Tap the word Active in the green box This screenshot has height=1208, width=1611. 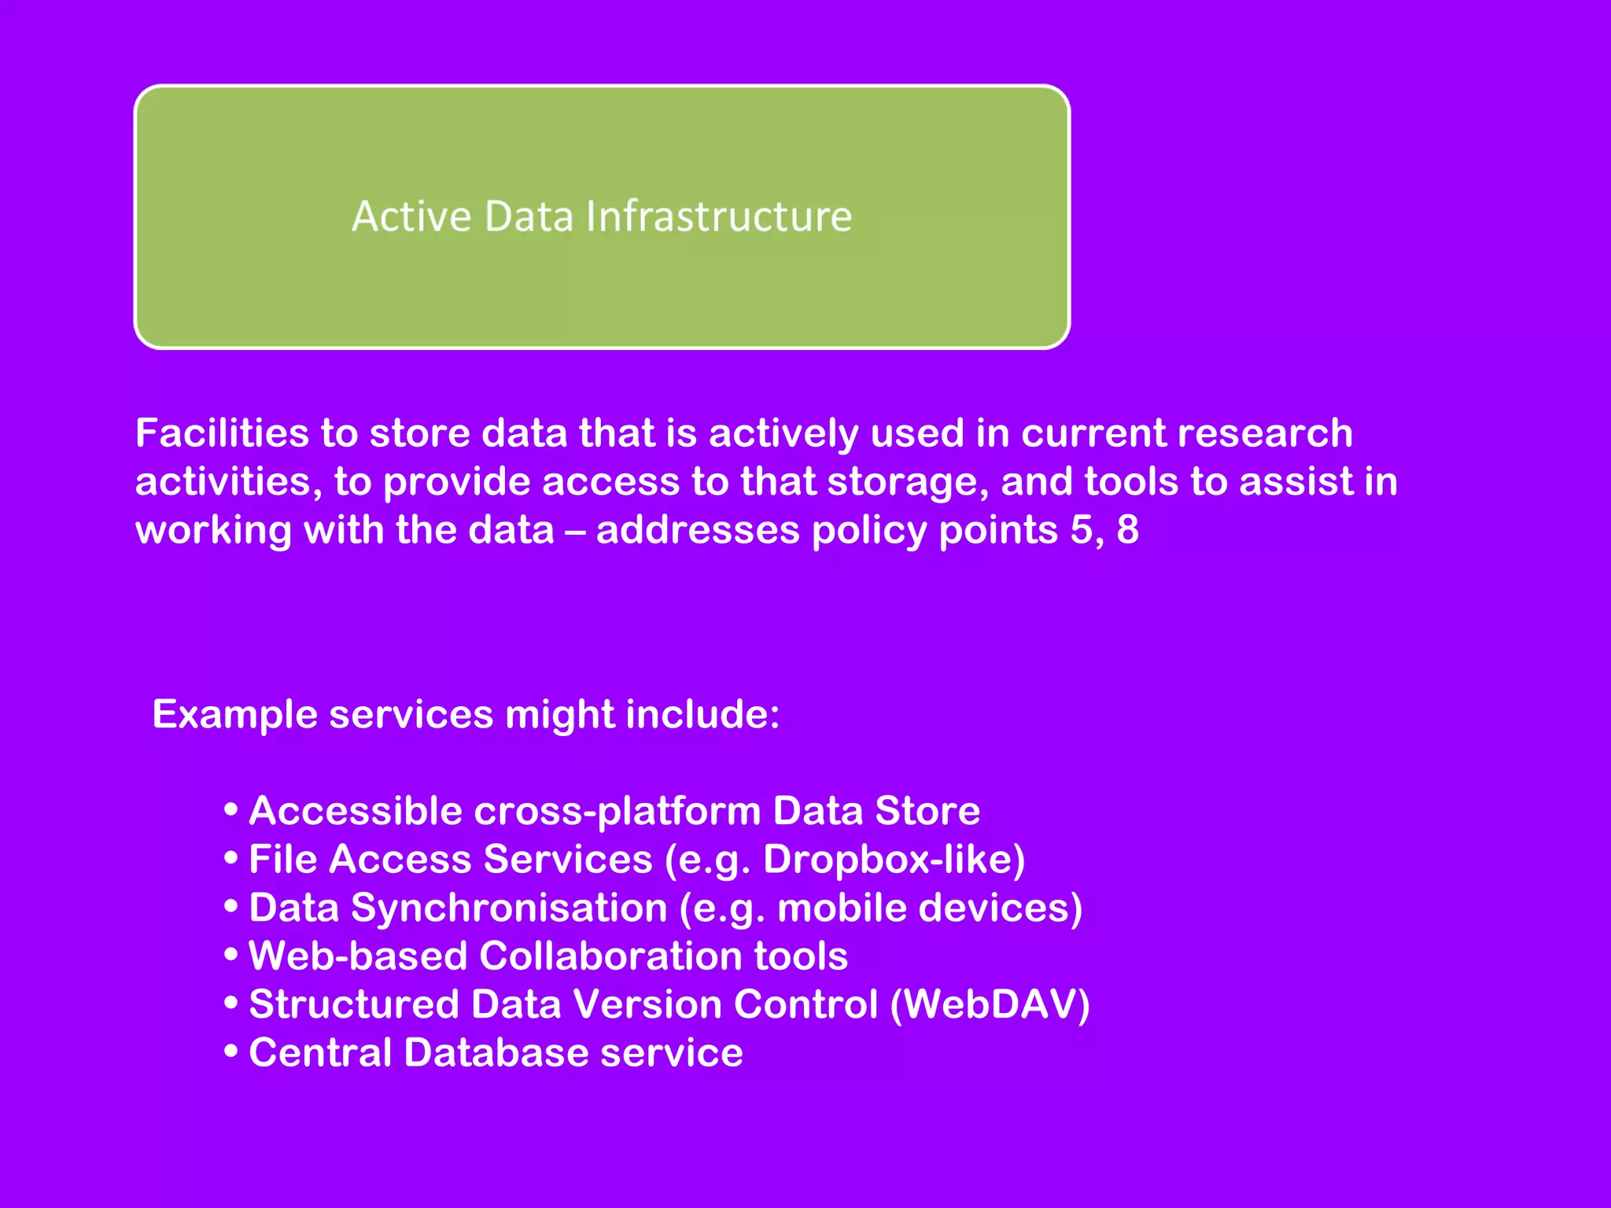pyautogui.click(x=411, y=217)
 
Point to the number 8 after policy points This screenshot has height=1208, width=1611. pyautogui.click(x=1127, y=530)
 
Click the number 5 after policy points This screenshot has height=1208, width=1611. pyautogui.click(x=1083, y=530)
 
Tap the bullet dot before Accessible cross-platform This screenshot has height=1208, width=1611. pyautogui.click(x=230, y=809)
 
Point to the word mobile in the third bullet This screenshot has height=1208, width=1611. pyautogui.click(x=842, y=908)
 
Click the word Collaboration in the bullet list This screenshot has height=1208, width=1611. pyautogui.click(x=610, y=956)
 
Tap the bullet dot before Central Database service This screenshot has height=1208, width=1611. pyautogui.click(x=230, y=1051)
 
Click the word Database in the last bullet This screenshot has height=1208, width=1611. pyautogui.click(x=496, y=1053)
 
